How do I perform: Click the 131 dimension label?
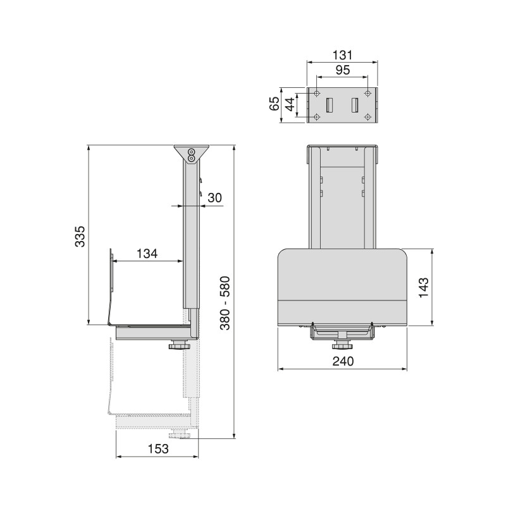tap(342, 55)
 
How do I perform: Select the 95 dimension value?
tap(343, 70)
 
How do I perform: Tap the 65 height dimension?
tap(275, 104)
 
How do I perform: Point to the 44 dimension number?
tap(290, 104)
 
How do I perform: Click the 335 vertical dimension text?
tap(80, 236)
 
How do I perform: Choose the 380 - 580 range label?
tap(225, 303)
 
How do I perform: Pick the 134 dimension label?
tap(147, 254)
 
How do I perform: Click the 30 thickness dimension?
tap(214, 197)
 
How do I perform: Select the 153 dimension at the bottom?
tap(158, 448)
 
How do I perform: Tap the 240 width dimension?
tap(343, 361)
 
